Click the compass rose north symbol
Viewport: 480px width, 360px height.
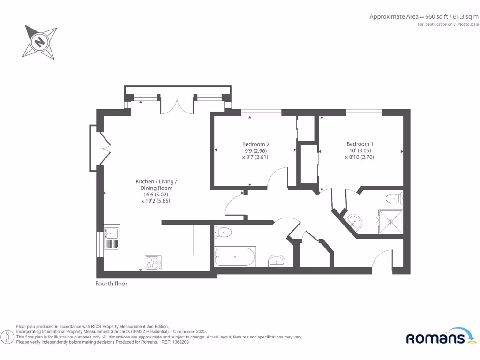(40, 43)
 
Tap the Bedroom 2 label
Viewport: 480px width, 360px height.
(255, 144)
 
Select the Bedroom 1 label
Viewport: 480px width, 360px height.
(360, 144)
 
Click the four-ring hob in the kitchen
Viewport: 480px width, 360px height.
(154, 262)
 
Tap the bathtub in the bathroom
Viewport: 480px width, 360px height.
(235, 257)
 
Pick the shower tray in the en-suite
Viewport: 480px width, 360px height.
(390, 222)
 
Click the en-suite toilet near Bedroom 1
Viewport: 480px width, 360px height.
(394, 199)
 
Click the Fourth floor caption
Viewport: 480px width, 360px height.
(111, 284)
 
